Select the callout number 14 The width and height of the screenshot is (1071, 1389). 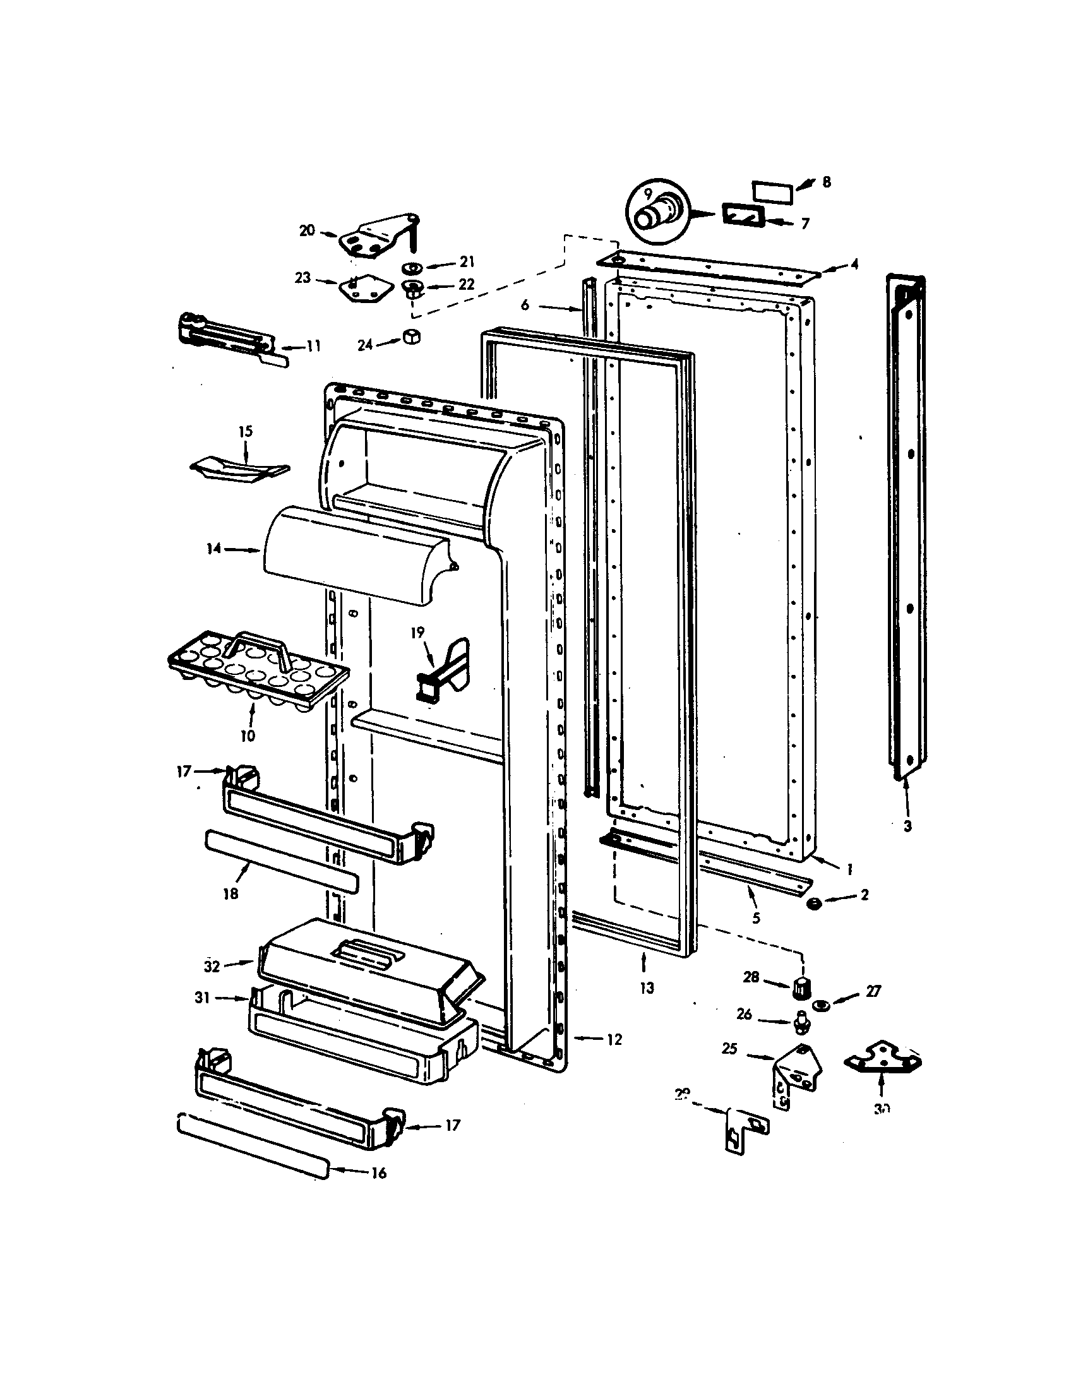tap(213, 548)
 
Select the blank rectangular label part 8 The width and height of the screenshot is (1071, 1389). tap(772, 191)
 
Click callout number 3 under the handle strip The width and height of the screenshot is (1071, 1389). tap(907, 827)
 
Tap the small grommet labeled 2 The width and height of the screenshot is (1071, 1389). tap(812, 903)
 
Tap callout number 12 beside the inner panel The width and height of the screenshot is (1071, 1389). tap(614, 1039)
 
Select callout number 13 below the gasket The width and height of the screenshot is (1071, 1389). tap(647, 987)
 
